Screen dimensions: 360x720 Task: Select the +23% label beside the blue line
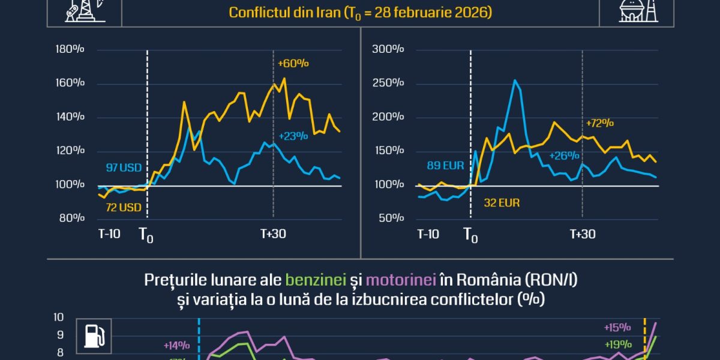point(293,136)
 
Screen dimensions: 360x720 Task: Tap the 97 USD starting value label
point(124,168)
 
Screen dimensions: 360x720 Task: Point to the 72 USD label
point(124,208)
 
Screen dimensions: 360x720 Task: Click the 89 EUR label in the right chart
point(445,165)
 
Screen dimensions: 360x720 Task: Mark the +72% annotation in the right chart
point(599,123)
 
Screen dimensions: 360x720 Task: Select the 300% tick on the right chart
point(387,49)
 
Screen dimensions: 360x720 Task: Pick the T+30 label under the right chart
point(581,233)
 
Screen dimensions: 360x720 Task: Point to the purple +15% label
point(617,327)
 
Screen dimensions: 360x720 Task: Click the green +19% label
point(617,344)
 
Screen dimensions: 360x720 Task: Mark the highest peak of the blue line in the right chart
point(514,80)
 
